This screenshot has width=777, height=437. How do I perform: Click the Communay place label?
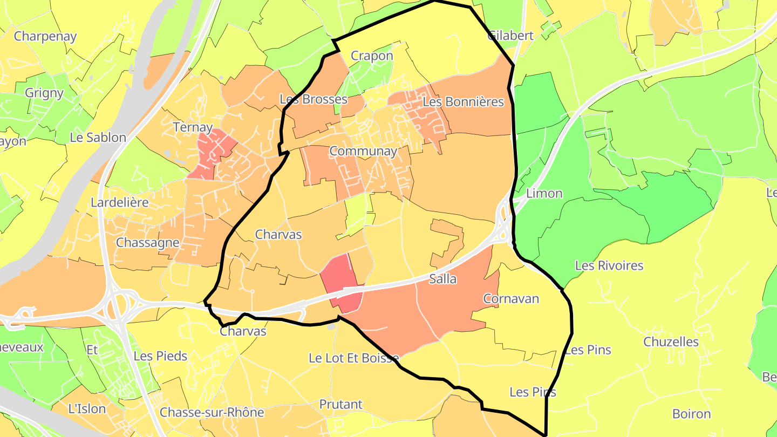[363, 151]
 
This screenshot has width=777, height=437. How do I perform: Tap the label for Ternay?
[193, 127]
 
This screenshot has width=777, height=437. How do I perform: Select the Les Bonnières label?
[463, 101]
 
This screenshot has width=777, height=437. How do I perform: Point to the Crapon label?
[372, 56]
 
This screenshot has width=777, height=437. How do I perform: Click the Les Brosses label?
[313, 99]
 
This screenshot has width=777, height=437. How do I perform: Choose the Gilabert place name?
[510, 36]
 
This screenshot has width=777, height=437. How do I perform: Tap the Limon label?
[544, 193]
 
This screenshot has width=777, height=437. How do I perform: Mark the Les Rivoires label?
[609, 265]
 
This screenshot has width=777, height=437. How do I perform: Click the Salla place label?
[443, 279]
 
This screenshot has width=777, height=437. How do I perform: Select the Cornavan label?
[511, 298]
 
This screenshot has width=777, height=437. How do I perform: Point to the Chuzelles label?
[671, 342]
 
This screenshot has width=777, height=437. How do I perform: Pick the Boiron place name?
[691, 414]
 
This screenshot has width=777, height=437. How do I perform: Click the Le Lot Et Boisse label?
[353, 358]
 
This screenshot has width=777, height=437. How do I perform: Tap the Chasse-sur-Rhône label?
[212, 413]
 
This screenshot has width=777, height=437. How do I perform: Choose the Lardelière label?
[119, 203]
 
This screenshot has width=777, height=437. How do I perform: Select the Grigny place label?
[44, 93]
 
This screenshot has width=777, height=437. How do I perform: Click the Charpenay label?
[45, 36]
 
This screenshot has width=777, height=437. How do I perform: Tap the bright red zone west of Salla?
[340, 281]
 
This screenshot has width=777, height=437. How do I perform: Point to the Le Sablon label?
[98, 137]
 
